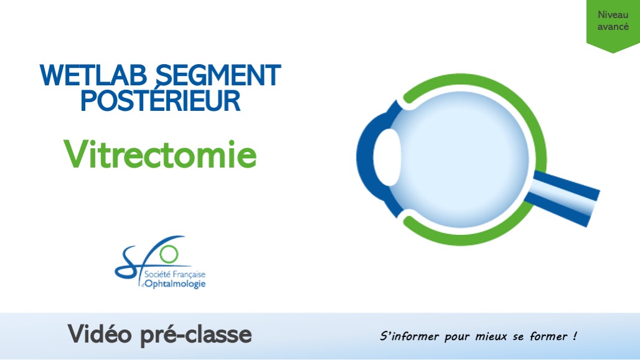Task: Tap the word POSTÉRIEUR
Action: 161,101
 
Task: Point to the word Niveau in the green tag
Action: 613,15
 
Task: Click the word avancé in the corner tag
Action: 613,27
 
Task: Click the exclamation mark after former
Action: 574,336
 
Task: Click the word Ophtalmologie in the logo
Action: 175,284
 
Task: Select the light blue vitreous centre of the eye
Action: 464,159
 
